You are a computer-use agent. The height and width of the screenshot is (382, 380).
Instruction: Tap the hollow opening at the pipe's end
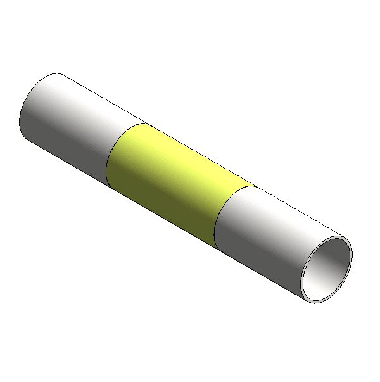(327, 269)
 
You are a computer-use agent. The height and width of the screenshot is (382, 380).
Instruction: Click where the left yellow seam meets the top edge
(147, 123)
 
